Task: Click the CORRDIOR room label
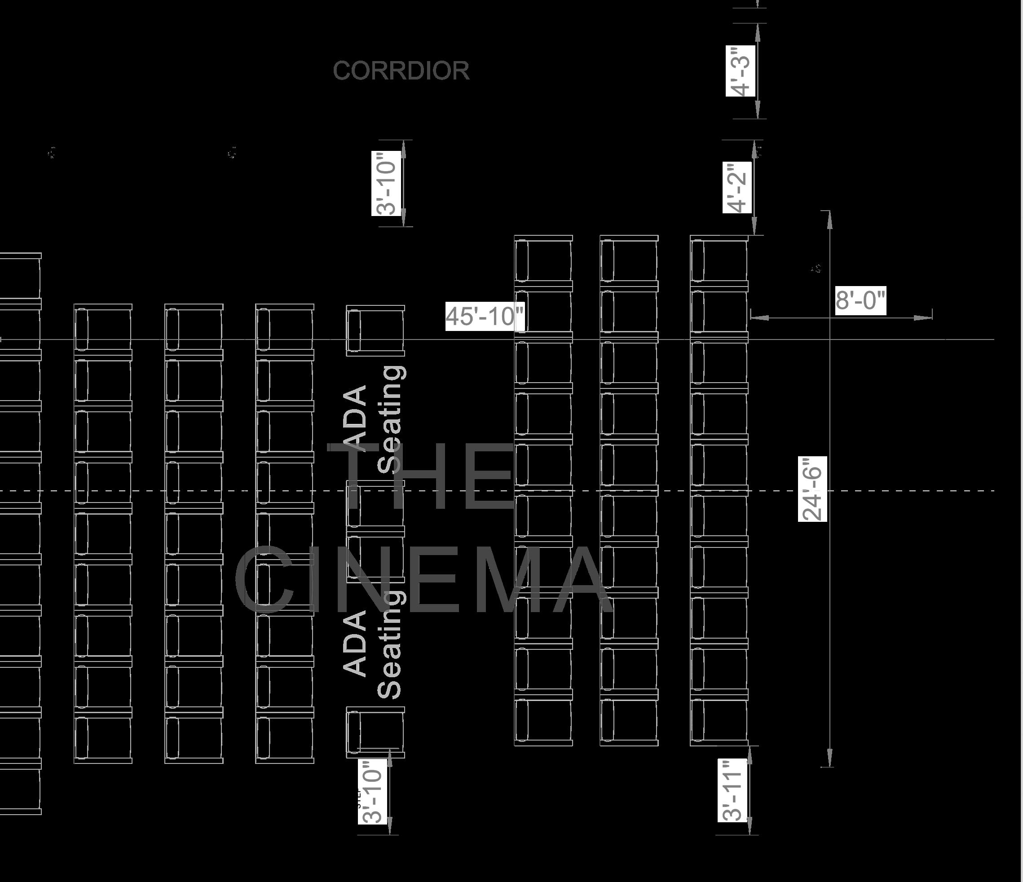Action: (401, 71)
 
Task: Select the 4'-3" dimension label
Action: (741, 71)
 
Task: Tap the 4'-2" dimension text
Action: (737, 187)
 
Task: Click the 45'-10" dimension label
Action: (485, 316)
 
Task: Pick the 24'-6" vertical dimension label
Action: (812, 489)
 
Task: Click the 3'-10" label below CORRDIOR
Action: (386, 184)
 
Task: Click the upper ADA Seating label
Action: (374, 419)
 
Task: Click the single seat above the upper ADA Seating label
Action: (375, 331)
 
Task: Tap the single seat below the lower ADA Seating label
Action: (375, 732)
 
